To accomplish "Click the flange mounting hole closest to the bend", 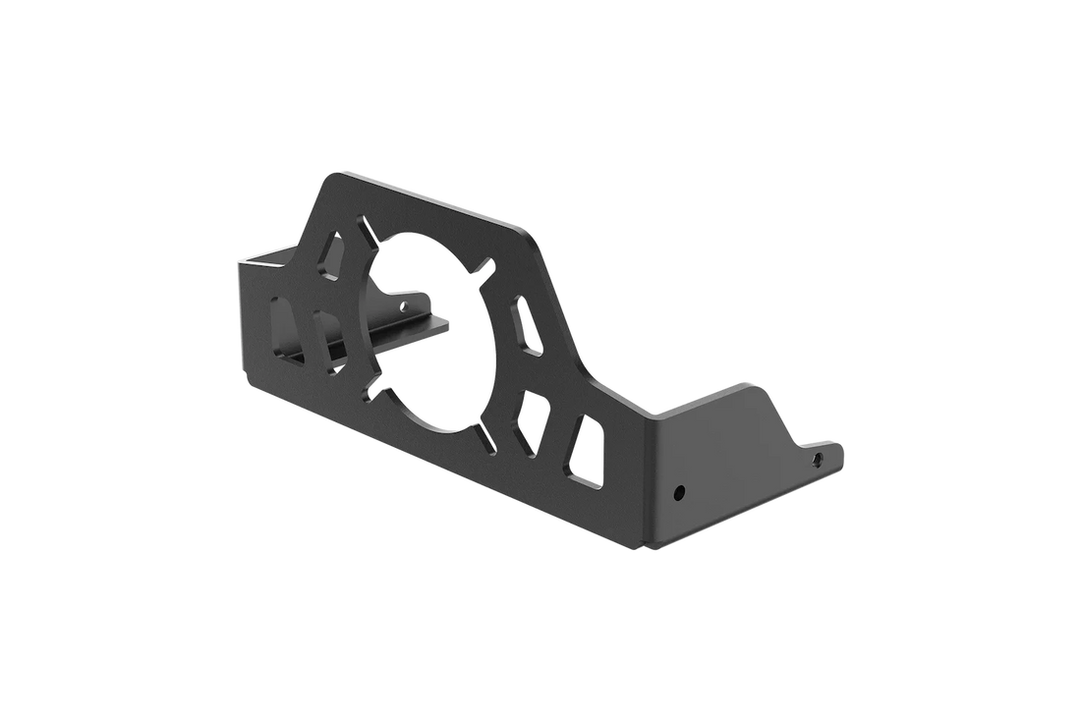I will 678,489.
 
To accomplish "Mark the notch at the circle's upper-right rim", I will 483,265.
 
